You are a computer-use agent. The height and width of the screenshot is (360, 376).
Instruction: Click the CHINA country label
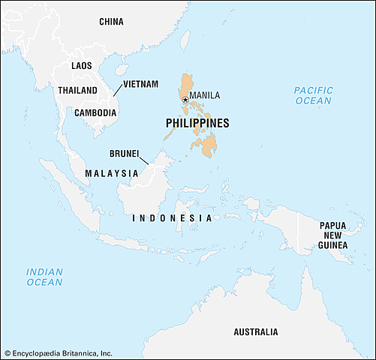point(112,22)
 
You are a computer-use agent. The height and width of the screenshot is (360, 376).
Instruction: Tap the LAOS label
point(82,66)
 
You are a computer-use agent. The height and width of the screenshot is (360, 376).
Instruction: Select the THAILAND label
point(77,90)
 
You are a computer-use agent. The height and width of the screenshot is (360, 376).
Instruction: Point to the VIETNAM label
point(141,83)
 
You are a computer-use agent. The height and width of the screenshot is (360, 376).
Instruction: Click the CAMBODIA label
point(95,112)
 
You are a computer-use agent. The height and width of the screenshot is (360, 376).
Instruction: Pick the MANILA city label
point(205,95)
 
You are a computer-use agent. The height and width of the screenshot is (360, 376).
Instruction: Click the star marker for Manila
point(185,99)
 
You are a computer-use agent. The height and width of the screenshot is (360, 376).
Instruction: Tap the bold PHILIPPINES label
point(197,123)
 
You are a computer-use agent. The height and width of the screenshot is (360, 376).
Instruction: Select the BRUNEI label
point(125,154)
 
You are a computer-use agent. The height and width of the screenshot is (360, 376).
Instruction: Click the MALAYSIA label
point(112,172)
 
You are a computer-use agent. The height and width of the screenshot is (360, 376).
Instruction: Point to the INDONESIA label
point(172,217)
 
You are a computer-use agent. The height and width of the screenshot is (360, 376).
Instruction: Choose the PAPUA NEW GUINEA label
point(332,235)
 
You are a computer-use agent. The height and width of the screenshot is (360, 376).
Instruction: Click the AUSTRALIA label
point(255,331)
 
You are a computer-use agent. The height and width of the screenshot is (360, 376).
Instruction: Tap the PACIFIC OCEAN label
point(312,95)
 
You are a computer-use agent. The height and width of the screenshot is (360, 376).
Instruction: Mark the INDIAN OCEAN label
point(45,277)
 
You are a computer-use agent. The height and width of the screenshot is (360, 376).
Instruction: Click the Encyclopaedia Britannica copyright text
point(59,352)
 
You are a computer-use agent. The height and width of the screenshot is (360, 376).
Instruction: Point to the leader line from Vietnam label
point(117,91)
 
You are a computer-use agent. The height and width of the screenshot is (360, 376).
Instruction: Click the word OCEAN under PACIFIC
point(312,100)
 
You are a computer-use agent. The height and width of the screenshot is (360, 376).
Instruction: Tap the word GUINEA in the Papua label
point(332,245)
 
